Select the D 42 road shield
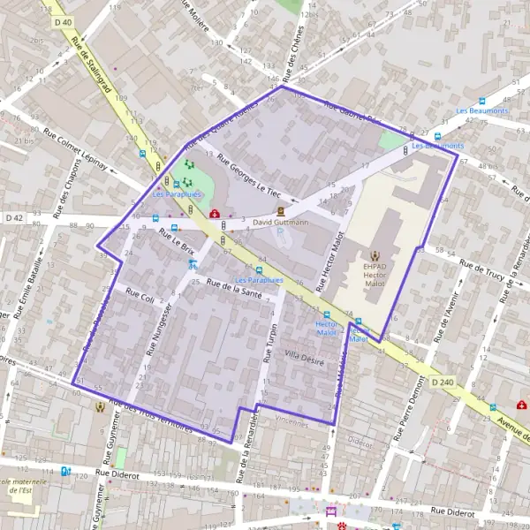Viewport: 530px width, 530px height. coord(14,216)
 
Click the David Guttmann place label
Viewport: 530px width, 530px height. coord(280,223)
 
